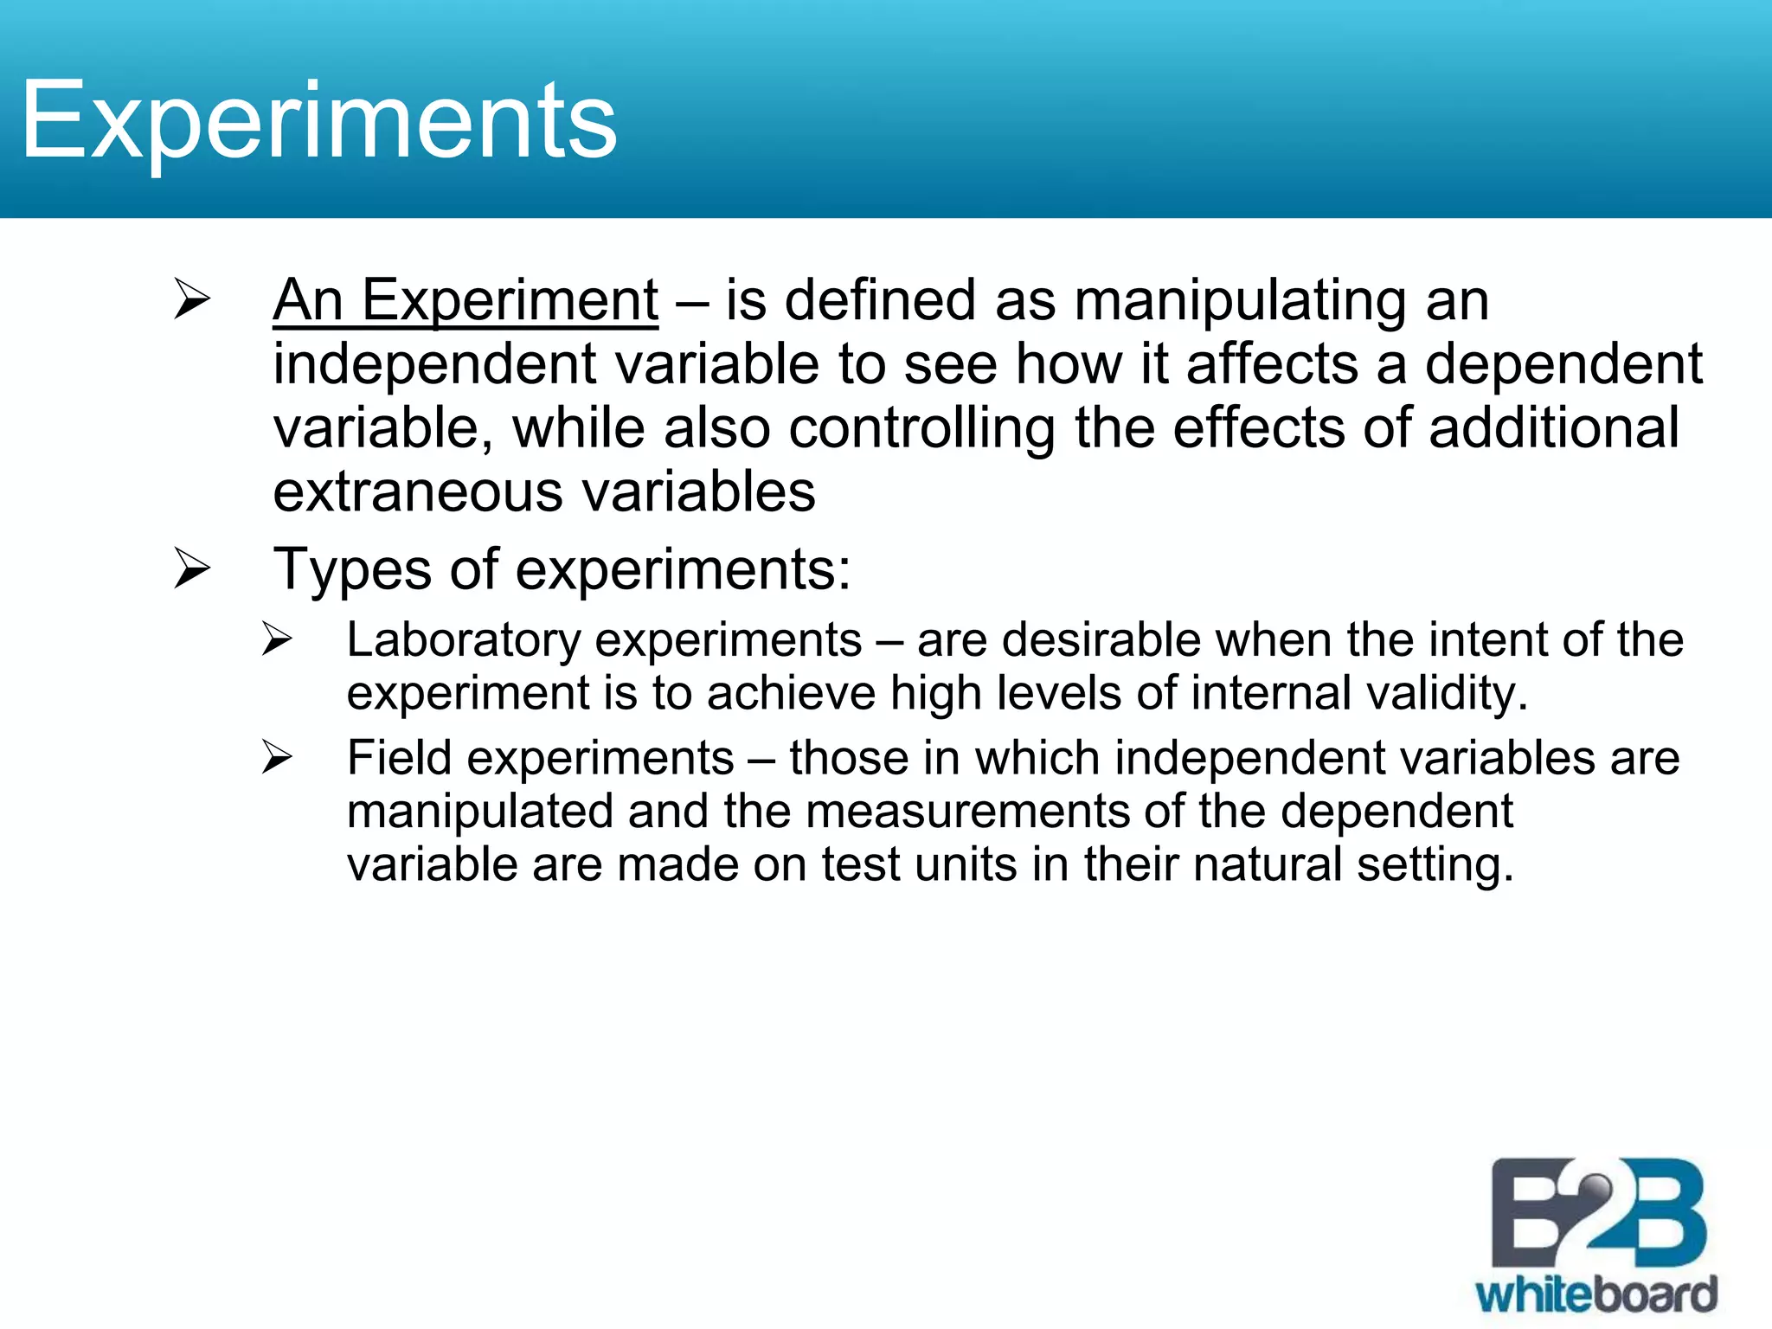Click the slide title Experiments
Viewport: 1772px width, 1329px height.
[x=318, y=121]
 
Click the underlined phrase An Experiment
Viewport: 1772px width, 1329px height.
[x=465, y=301]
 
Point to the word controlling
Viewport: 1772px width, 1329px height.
[x=921, y=428]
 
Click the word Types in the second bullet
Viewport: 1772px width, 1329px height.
[x=352, y=570]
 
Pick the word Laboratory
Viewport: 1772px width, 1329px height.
[x=463, y=640]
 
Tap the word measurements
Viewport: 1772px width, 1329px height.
[x=966, y=812]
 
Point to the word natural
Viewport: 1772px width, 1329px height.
[x=1267, y=864]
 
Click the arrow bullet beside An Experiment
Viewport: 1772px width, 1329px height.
[x=191, y=299]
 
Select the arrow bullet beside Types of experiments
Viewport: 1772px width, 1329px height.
[x=191, y=568]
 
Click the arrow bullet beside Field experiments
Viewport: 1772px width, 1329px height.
[x=277, y=758]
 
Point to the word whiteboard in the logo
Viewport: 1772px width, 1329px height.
[x=1596, y=1296]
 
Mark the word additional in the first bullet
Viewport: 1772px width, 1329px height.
[x=1554, y=428]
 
